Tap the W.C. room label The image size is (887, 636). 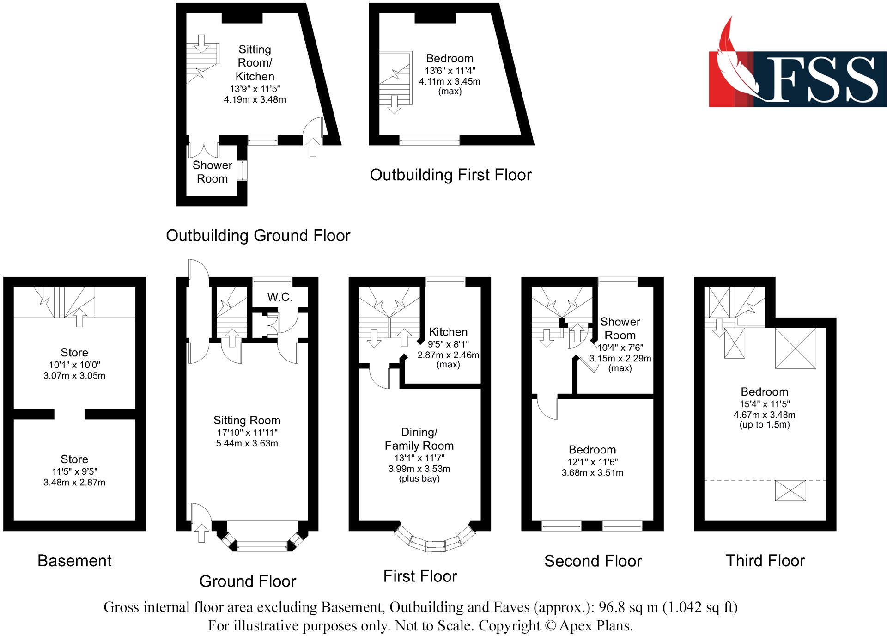coord(279,297)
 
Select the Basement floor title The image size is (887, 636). coord(74,561)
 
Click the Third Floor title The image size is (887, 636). coord(765,561)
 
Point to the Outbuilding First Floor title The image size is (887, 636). coord(450,175)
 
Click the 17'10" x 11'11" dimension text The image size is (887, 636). coord(247,433)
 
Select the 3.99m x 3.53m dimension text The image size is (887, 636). coord(419,469)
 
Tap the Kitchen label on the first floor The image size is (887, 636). coord(448,332)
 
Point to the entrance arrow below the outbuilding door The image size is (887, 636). coord(313,147)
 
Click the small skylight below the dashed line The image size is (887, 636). coord(790,490)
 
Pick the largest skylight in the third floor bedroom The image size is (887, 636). coord(796,348)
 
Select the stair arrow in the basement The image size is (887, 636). coord(79,318)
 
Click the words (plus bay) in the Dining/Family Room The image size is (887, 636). coord(419,479)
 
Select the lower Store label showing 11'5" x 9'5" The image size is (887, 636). coord(74,459)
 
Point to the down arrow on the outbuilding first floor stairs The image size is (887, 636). coord(394,104)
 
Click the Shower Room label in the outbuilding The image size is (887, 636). coord(212,172)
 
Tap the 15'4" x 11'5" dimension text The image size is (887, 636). coord(765,404)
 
